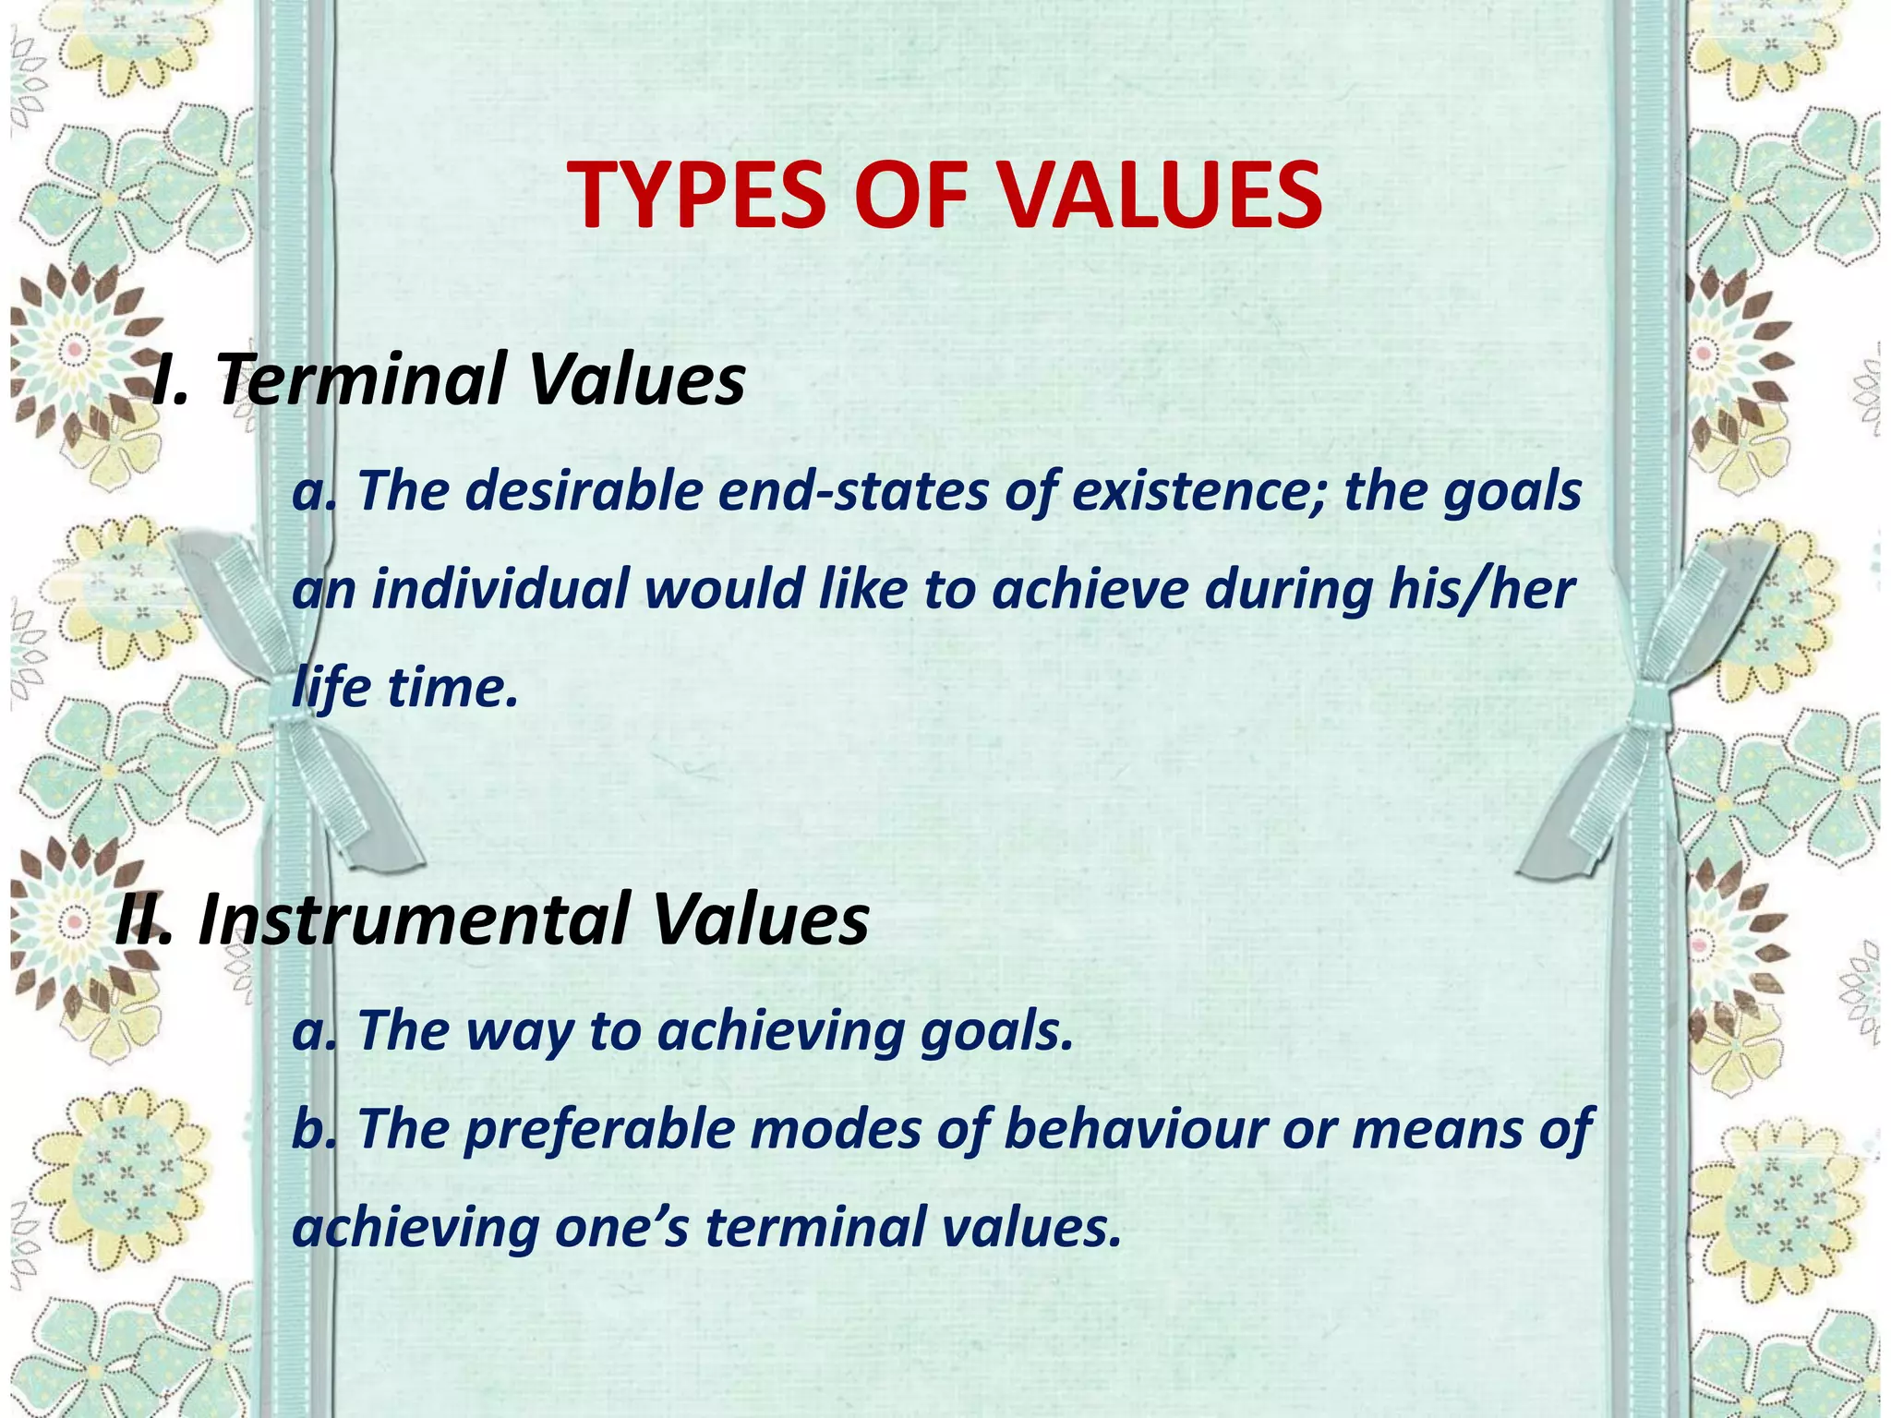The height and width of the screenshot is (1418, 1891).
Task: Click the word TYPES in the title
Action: (697, 196)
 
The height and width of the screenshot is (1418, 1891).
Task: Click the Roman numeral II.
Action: (143, 919)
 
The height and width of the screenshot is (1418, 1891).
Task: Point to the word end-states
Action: (853, 490)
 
